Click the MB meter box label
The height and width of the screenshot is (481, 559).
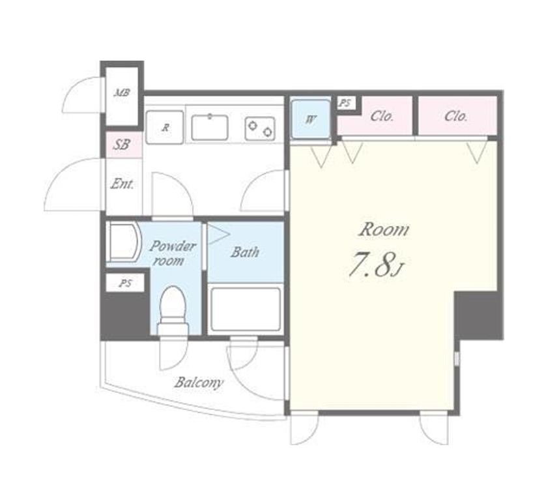(122, 93)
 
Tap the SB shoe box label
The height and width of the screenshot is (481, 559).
(121, 145)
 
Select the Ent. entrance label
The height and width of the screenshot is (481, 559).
(122, 184)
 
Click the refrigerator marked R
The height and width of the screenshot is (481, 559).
(165, 127)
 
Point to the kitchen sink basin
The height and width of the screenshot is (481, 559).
(210, 127)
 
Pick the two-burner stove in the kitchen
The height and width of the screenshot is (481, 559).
(260, 128)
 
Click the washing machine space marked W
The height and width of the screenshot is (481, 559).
(311, 119)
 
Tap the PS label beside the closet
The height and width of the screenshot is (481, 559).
(345, 103)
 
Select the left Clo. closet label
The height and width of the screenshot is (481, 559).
(382, 116)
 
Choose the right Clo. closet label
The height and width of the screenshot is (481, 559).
(456, 116)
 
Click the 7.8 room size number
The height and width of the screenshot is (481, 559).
(371, 264)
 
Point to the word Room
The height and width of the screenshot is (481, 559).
(384, 230)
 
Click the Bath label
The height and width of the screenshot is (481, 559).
(245, 252)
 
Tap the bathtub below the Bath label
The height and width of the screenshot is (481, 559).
(245, 310)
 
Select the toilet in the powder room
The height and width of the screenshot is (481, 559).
(173, 311)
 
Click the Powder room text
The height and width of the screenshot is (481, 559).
(173, 253)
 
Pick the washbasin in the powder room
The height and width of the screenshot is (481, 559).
(124, 242)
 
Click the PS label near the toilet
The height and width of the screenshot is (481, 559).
(126, 284)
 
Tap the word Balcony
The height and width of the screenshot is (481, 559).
(199, 383)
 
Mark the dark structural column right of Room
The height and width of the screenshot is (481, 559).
(479, 315)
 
